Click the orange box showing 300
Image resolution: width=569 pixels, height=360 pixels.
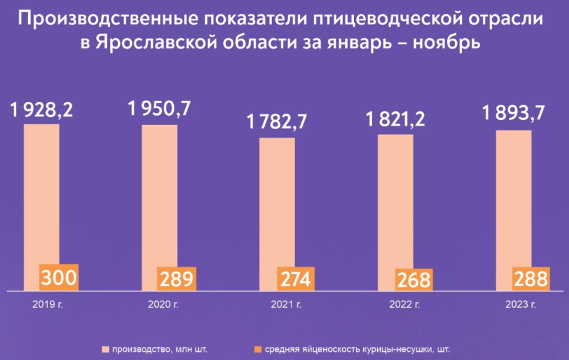(59, 277)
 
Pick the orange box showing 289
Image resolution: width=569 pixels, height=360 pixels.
(176, 279)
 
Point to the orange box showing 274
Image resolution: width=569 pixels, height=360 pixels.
(296, 279)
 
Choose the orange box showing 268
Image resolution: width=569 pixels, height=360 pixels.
(414, 279)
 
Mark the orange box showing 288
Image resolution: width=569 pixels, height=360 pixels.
(531, 279)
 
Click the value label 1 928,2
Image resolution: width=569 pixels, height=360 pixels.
(42, 110)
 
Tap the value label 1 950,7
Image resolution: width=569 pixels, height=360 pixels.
(159, 109)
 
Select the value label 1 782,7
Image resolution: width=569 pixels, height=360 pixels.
(277, 122)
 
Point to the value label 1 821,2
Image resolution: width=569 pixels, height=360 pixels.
(396, 119)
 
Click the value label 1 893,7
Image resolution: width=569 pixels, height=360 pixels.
(513, 113)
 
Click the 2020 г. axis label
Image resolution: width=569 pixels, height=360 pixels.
(163, 304)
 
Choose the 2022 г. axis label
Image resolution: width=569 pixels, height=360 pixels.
(405, 304)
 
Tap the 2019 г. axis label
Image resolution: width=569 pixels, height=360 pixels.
(48, 304)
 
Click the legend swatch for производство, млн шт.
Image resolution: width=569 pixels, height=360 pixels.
(105, 349)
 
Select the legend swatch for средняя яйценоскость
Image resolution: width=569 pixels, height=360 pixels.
(258, 349)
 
